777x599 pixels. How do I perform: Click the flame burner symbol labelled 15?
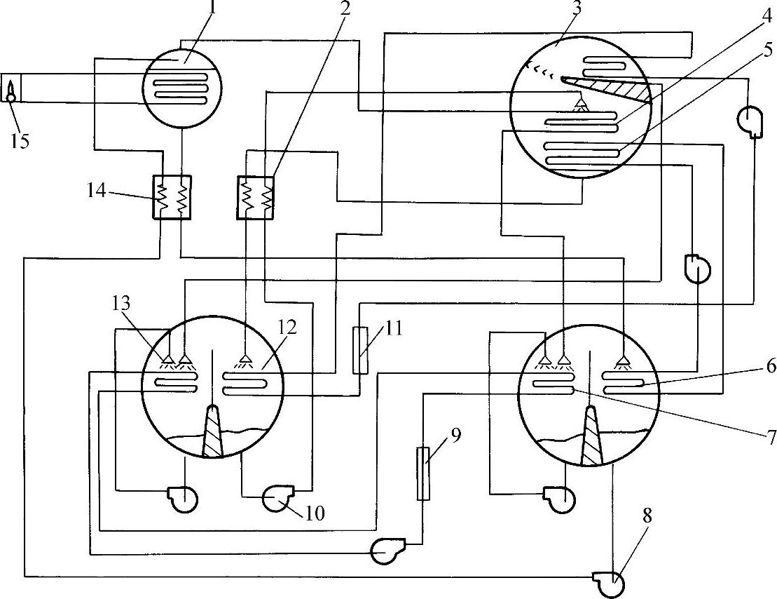coord(12,90)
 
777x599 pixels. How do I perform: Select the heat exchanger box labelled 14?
coord(171,196)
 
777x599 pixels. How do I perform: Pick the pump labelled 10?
coord(278,499)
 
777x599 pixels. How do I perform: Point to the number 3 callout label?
coord(556,10)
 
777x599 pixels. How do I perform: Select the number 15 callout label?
coord(20,141)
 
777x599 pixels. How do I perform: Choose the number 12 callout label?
coord(287,328)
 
